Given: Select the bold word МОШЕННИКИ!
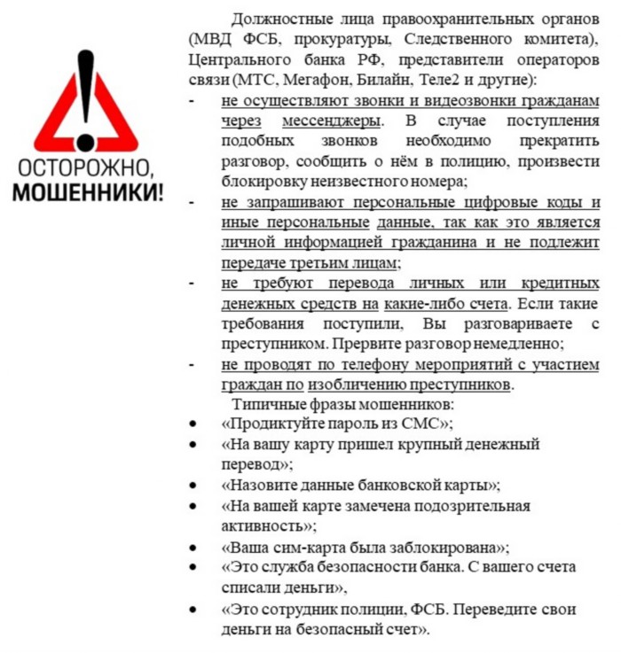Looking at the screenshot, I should pyautogui.click(x=87, y=193).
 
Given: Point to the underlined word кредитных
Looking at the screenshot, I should pyautogui.click(x=559, y=284).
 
